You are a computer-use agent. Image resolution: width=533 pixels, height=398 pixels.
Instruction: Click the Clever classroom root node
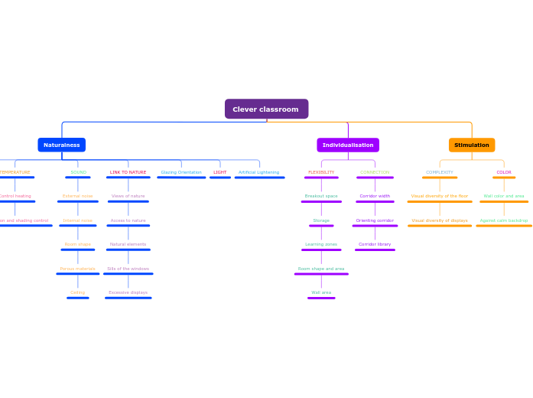click(266, 109)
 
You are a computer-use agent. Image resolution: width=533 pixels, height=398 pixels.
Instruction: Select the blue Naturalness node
click(61, 145)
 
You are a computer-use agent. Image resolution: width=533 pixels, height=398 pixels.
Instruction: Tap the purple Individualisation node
click(348, 145)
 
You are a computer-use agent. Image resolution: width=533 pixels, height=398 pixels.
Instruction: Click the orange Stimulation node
click(472, 145)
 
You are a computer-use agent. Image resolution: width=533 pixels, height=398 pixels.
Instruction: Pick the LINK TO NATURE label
click(128, 172)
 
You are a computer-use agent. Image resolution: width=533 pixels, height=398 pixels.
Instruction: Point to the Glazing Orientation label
click(181, 172)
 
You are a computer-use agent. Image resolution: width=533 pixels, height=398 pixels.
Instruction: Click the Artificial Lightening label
click(258, 172)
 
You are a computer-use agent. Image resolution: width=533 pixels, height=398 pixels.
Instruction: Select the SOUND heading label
click(78, 172)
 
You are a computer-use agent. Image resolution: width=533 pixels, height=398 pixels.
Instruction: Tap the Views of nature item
click(128, 196)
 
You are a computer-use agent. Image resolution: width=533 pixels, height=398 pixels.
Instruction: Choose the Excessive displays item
click(128, 292)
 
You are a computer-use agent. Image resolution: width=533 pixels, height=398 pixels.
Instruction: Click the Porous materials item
click(77, 269)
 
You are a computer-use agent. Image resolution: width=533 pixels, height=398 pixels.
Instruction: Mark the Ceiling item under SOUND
click(77, 292)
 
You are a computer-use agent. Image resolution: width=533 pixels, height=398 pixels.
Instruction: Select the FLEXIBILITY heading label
click(321, 172)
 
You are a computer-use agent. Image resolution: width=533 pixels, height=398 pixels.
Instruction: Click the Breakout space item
click(321, 196)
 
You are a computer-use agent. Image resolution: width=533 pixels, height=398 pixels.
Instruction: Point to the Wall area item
click(321, 292)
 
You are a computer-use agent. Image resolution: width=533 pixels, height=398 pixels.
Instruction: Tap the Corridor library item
click(375, 244)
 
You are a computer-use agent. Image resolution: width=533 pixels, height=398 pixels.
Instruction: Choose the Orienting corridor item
click(375, 220)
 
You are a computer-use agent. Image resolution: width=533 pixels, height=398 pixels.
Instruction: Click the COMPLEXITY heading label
click(440, 172)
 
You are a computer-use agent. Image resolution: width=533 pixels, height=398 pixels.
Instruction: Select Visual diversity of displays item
click(440, 220)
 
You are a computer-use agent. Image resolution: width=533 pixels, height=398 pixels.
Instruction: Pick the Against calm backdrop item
click(504, 220)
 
